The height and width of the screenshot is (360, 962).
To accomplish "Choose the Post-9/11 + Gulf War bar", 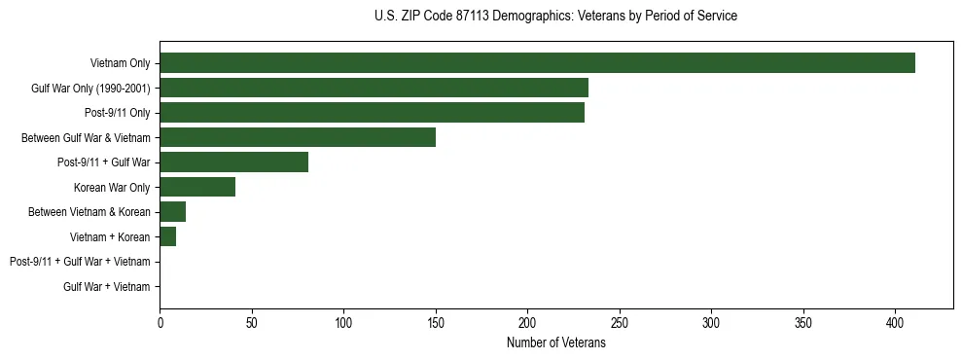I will click(233, 162).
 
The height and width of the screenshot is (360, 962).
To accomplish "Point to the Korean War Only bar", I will click(197, 187).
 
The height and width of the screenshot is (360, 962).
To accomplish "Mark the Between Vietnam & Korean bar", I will click(172, 212).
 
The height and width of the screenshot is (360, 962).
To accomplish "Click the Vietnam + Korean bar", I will click(167, 236).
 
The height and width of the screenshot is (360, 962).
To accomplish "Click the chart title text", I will click(555, 17).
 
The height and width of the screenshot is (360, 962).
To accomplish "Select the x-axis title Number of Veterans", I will click(555, 343).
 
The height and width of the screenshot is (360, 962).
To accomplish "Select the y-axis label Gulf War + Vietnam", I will click(106, 287).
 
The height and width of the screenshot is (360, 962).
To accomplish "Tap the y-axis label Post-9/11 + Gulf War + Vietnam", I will click(80, 262).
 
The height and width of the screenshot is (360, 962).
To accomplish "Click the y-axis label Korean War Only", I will click(112, 187).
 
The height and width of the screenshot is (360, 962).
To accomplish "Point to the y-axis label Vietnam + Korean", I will click(110, 236).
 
